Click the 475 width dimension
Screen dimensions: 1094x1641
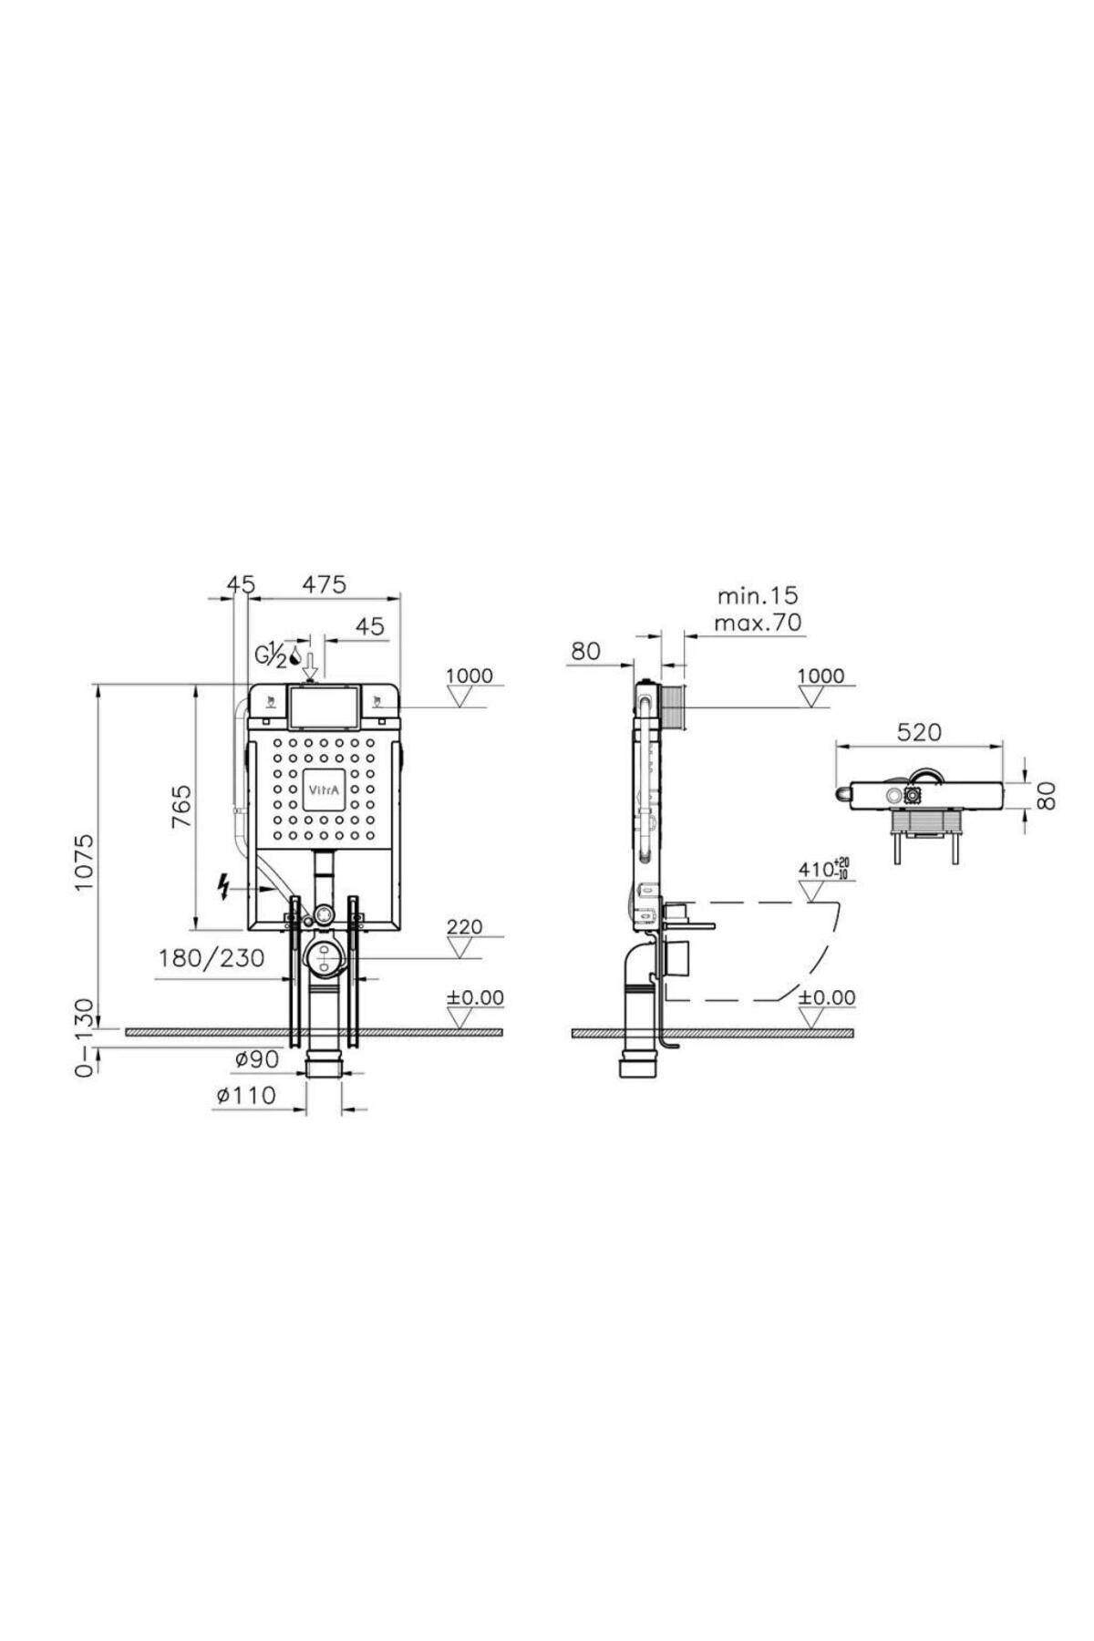click(x=324, y=584)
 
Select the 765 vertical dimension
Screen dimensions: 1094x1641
click(x=181, y=805)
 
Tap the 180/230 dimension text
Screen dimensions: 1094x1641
click(x=212, y=958)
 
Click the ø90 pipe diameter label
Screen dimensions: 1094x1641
click(x=256, y=1058)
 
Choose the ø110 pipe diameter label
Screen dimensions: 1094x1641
click(x=245, y=1095)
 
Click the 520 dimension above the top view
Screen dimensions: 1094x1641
click(x=918, y=732)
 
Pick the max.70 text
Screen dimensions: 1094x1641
click(x=758, y=624)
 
